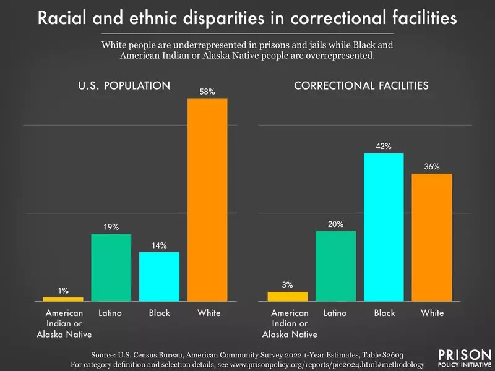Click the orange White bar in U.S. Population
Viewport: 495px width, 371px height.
coord(207,199)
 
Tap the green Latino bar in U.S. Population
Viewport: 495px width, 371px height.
coord(111,267)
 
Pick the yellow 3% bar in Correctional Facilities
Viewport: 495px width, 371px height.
coord(288,296)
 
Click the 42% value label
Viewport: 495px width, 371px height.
coord(384,147)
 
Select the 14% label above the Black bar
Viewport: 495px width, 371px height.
coord(159,245)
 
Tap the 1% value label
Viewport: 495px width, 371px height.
coord(63,291)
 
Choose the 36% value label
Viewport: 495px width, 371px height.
coord(432,167)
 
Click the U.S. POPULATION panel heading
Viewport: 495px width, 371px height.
coord(124,86)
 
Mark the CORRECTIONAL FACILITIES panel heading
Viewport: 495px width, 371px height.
coord(361,86)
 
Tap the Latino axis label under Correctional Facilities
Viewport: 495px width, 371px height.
coord(335,313)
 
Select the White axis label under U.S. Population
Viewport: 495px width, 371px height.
coord(209,313)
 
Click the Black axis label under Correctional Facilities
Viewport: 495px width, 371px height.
coord(384,313)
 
